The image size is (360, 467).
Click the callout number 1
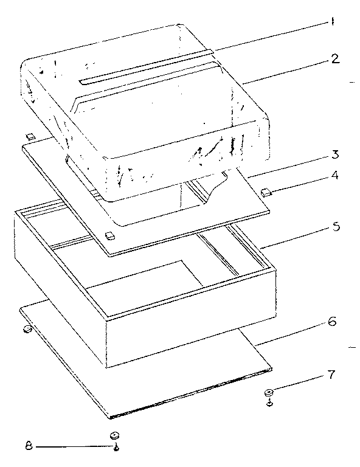(333, 23)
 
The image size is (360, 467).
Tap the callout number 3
(335, 154)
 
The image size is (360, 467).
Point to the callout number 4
(335, 178)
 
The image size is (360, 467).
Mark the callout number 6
(332, 322)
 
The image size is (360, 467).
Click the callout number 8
(29, 447)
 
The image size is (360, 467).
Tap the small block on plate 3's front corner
(109, 235)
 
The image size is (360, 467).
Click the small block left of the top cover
(29, 134)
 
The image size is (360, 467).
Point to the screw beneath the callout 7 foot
(269, 403)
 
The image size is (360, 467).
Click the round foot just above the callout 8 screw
(114, 435)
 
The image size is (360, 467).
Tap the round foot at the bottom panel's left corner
(27, 330)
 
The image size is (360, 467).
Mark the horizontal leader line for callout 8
(73, 447)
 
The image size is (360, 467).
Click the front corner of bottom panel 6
(111, 417)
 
